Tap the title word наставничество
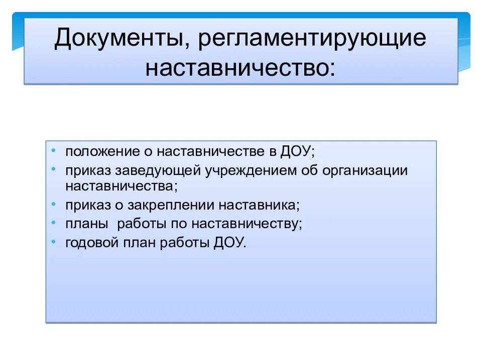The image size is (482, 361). (x=240, y=67)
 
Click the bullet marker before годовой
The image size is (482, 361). (x=54, y=241)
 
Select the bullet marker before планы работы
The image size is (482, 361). (x=54, y=223)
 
